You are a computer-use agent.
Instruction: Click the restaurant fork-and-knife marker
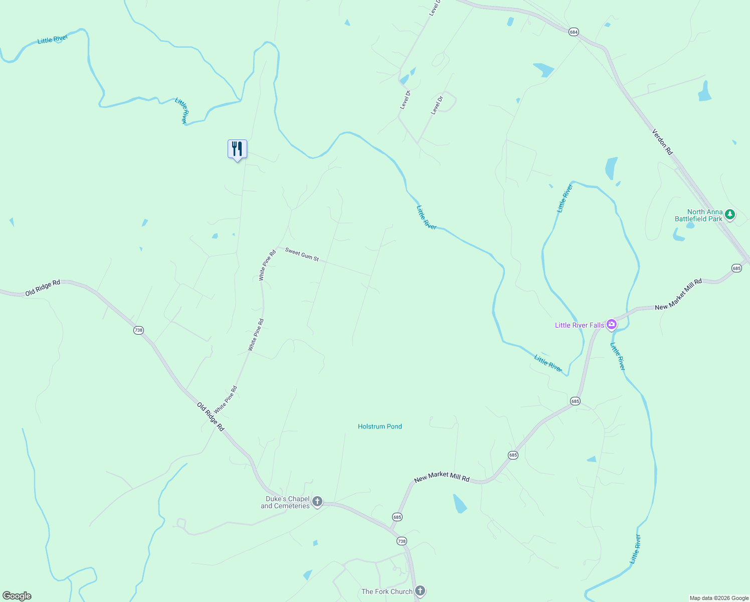point(237,149)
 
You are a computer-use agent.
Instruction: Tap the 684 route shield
point(574,32)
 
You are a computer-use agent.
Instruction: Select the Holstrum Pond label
point(380,426)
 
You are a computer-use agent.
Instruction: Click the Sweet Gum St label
point(302,254)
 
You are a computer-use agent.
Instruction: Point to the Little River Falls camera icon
point(611,325)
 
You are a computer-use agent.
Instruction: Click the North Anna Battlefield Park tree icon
point(730,215)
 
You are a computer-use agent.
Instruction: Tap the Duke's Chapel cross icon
point(317,502)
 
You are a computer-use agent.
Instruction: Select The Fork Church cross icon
point(420,591)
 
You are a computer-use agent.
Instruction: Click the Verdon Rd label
point(662,141)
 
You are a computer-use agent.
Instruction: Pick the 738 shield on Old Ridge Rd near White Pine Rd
point(138,330)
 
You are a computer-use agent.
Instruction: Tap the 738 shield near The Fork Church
point(401,541)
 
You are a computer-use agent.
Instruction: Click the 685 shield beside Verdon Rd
point(736,268)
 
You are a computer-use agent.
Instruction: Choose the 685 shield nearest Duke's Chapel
point(397,517)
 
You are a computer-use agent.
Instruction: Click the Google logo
point(17,596)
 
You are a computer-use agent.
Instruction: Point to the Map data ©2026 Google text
point(718,598)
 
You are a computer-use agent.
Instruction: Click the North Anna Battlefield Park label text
point(698,215)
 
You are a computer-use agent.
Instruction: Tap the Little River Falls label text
point(579,325)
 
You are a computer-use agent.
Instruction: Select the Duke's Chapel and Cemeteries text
point(285,502)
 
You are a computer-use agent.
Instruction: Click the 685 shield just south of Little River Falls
point(575,401)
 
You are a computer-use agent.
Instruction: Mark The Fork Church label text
point(387,591)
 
